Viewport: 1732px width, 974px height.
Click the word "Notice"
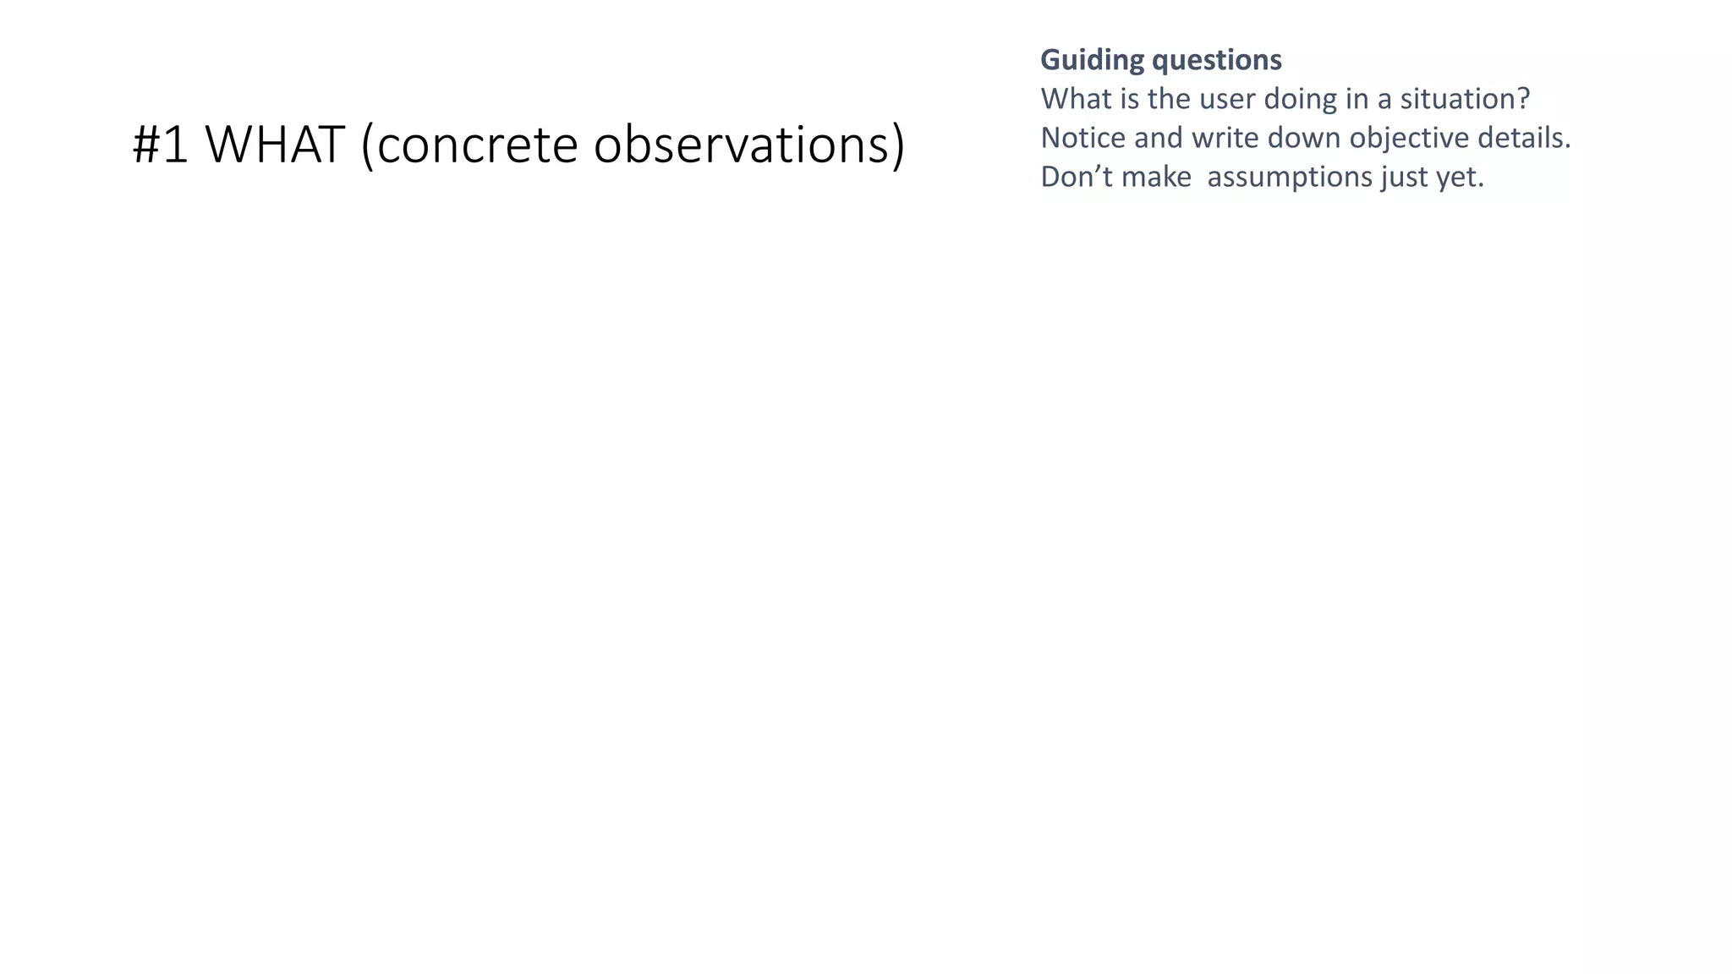(1082, 138)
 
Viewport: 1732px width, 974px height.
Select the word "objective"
(1409, 138)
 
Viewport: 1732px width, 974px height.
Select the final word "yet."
(1461, 177)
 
